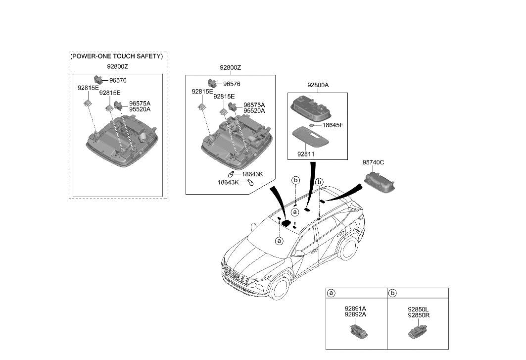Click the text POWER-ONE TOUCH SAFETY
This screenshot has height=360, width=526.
[x=117, y=56]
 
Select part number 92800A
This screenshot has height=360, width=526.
[x=317, y=85]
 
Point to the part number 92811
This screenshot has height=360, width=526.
[x=306, y=154]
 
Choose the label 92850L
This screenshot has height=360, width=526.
[x=418, y=309]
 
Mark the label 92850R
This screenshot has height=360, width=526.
[x=418, y=314]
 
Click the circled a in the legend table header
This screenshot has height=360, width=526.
[x=331, y=293]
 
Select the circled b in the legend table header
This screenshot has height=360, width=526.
[x=392, y=293]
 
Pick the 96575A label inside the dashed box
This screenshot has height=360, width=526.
[x=140, y=103]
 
